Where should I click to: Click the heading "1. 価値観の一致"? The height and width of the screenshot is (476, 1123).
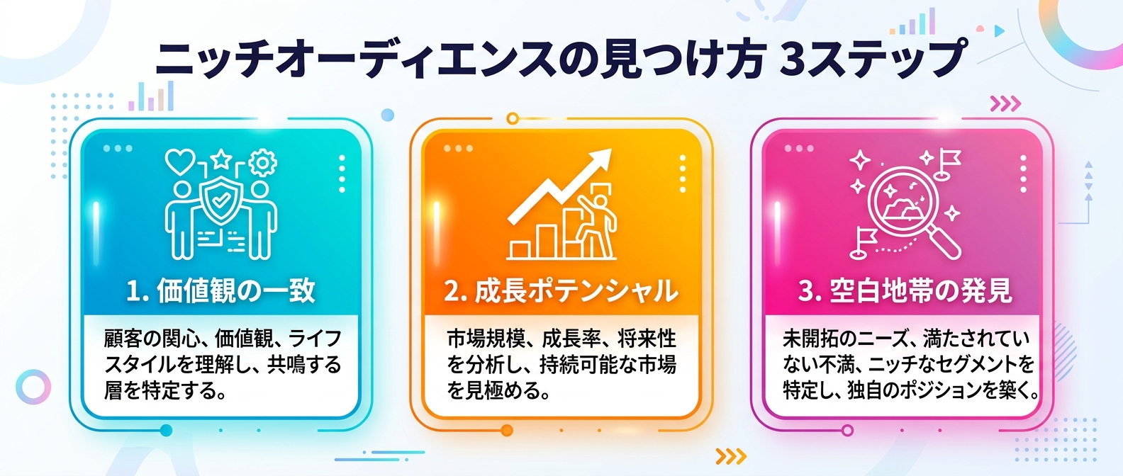click(220, 291)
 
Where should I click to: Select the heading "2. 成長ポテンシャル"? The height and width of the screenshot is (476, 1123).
click(561, 291)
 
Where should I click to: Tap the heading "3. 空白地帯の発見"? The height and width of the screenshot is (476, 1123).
click(905, 291)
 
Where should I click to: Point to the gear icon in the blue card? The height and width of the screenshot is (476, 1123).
click(263, 163)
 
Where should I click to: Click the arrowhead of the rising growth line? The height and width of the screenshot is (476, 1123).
click(600, 160)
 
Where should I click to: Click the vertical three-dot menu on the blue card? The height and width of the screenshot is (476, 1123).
click(342, 174)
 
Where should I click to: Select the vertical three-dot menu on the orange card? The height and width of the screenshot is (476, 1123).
click(683, 174)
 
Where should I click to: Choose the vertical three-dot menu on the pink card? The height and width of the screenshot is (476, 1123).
click(1023, 174)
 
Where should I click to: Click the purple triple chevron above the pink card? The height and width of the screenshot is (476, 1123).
click(1005, 104)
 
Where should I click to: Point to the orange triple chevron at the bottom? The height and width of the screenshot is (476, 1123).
click(730, 455)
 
